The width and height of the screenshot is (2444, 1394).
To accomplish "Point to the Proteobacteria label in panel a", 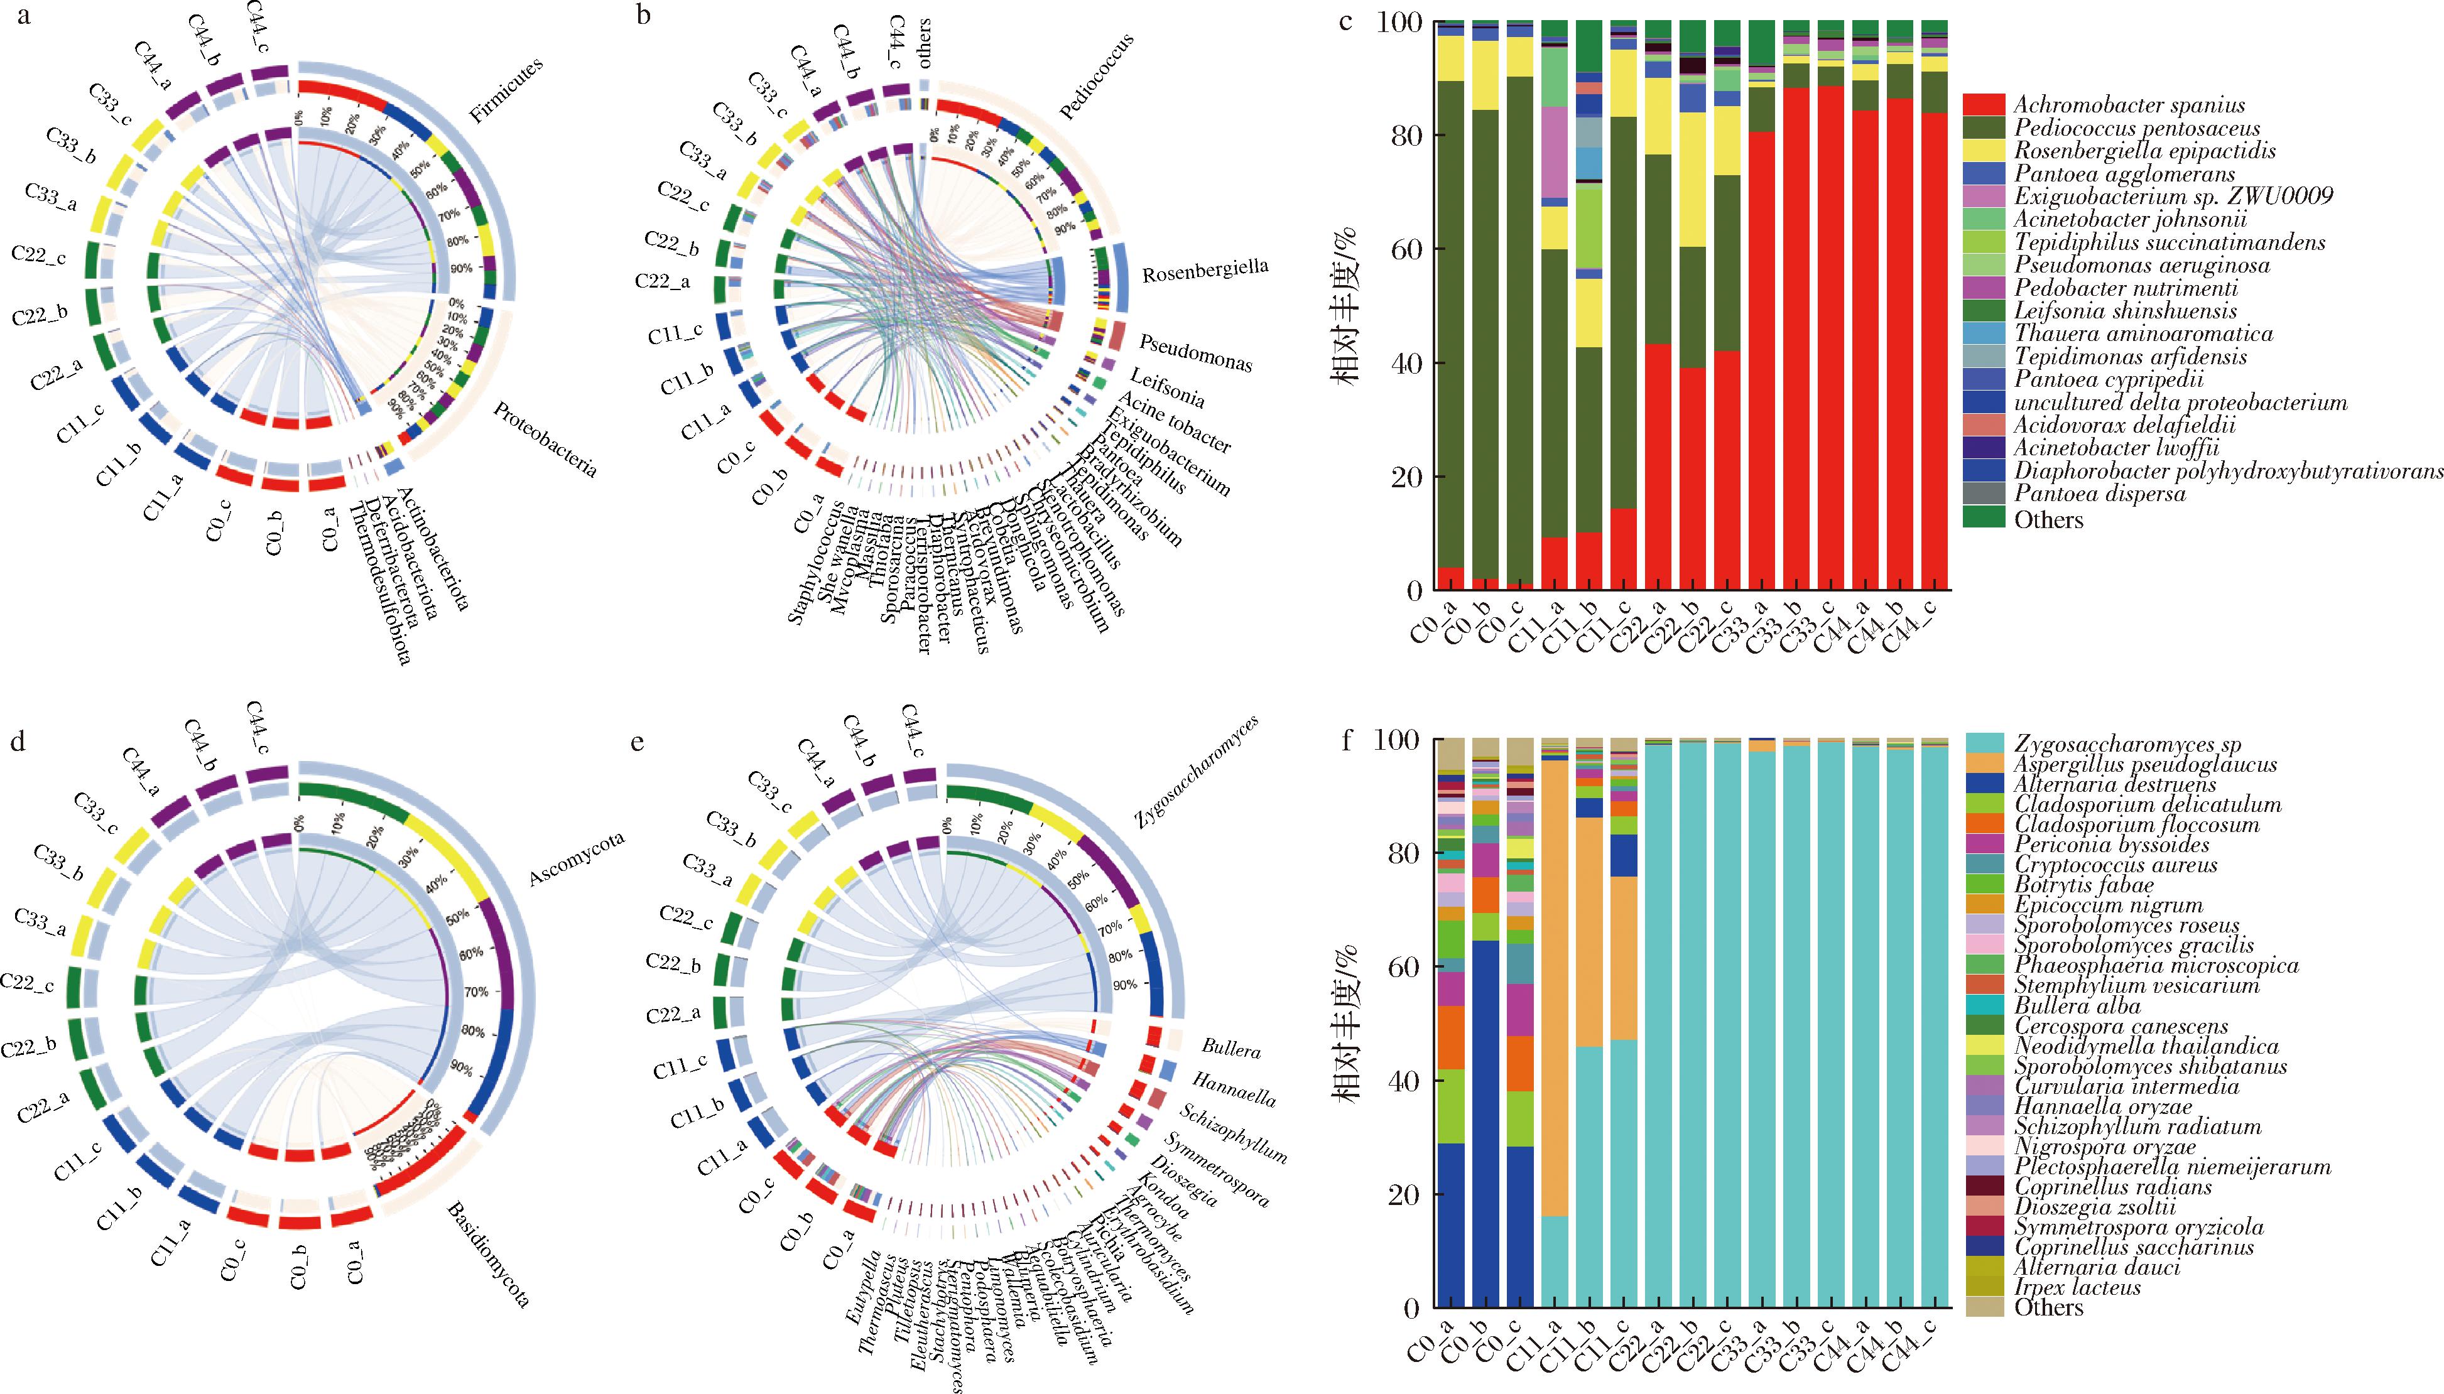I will click(545, 440).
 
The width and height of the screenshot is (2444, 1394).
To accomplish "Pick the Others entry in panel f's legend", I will click(2048, 1307).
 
